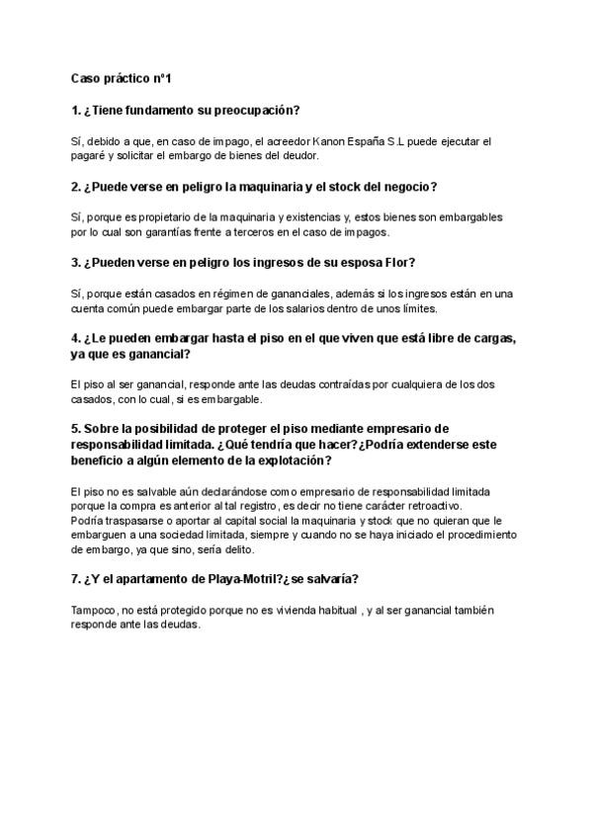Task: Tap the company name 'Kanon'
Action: tap(331, 141)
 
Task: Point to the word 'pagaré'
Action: tap(91, 155)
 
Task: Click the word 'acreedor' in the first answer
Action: tap(283, 141)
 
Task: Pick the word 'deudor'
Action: tap(327, 155)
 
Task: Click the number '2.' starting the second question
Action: tap(77, 187)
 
